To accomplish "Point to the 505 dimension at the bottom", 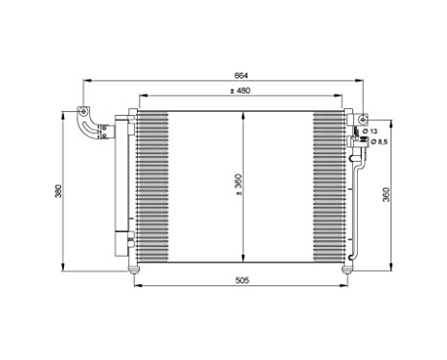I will [x=241, y=282].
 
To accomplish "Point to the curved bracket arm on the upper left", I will [x=87, y=129].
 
